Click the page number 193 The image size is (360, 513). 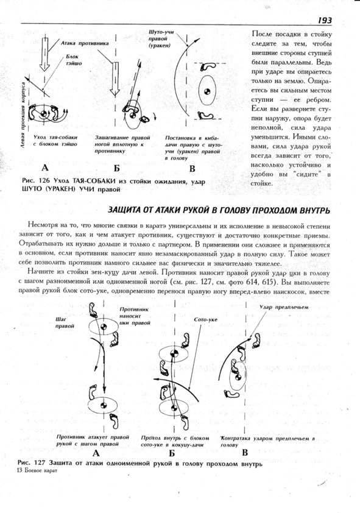tap(324, 21)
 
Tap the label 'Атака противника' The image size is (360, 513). tap(85, 43)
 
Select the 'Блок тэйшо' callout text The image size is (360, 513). tap(74, 60)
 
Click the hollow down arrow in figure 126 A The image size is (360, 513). tap(45, 54)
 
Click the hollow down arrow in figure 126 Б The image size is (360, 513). tap(115, 79)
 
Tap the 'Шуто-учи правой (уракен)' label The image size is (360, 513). tap(161, 39)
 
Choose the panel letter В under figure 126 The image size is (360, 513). tap(192, 169)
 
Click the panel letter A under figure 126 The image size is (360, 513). tap(45, 168)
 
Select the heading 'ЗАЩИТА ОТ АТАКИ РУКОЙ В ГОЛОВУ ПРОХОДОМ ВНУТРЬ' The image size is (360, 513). tap(219, 210)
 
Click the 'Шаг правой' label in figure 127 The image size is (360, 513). tap(65, 322)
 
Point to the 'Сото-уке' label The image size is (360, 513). tap(205, 319)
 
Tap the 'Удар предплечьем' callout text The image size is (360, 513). tap(284, 307)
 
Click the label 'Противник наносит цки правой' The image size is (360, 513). tap(135, 316)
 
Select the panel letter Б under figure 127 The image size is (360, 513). tap(172, 453)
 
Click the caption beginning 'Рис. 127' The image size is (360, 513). tap(139, 464)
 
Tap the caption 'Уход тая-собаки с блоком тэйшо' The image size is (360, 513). tap(55, 141)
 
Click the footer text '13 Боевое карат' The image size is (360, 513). tap(37, 471)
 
